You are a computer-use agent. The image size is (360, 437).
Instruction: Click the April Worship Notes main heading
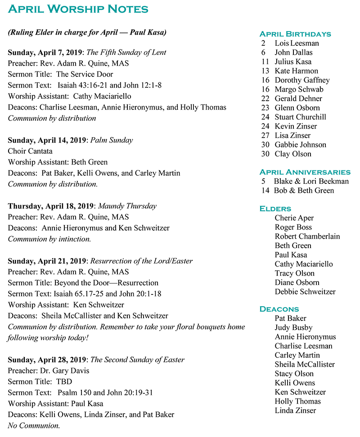[x=78, y=9]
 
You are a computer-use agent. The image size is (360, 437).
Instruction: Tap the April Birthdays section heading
[x=295, y=34]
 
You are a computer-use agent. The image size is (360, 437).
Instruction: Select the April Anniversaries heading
[x=305, y=172]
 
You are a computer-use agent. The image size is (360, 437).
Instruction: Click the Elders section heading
[x=275, y=209]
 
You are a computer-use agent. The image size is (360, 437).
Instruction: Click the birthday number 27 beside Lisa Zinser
[x=265, y=135]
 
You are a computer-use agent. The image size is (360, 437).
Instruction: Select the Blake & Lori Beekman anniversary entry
[x=311, y=181]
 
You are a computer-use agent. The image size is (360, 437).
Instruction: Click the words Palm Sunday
[x=112, y=140]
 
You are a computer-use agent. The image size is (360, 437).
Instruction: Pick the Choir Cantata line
[x=30, y=151]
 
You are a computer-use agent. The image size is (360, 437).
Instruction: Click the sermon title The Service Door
[x=85, y=74]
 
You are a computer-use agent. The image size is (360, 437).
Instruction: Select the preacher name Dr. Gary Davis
[x=64, y=371]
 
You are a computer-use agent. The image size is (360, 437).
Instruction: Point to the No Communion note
[x=34, y=425]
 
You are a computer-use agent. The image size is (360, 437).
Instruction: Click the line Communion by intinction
[x=49, y=239]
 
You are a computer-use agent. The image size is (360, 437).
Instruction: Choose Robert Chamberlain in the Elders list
[x=307, y=236]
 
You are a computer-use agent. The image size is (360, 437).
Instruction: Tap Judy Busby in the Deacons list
[x=293, y=327]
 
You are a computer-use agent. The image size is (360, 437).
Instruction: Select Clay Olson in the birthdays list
[x=293, y=154]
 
